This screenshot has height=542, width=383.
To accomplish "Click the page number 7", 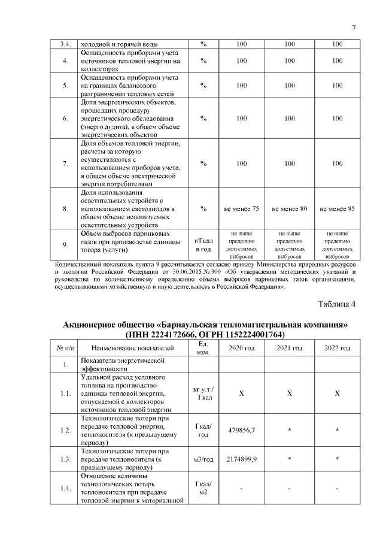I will (x=354, y=28).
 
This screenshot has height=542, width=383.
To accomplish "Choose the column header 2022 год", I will (x=337, y=348).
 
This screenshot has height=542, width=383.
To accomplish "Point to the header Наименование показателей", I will (x=133, y=348).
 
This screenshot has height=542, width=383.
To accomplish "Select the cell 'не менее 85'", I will (x=337, y=208).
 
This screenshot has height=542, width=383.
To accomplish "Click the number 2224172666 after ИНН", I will (x=179, y=334).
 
